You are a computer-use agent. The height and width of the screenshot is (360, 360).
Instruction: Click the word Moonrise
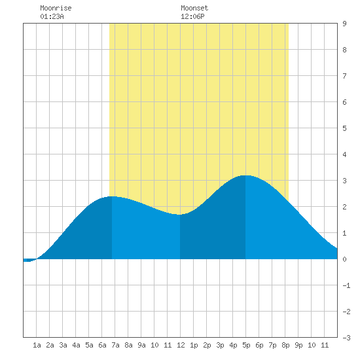pyautogui.click(x=56, y=8)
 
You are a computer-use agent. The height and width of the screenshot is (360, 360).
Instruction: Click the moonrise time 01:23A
pyautogui.click(x=52, y=16)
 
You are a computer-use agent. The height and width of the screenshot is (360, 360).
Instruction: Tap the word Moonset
pyautogui.click(x=194, y=8)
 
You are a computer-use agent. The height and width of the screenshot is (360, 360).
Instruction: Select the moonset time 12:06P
pyautogui.click(x=192, y=16)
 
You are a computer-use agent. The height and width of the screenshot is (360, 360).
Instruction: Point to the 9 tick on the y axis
pyautogui.click(x=344, y=24)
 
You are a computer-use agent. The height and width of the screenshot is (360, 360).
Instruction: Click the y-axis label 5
pyautogui.click(x=344, y=128)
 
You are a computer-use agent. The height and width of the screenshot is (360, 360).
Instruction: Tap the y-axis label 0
pyautogui.click(x=344, y=259)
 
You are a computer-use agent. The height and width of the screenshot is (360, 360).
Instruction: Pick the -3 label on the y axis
pyautogui.click(x=346, y=338)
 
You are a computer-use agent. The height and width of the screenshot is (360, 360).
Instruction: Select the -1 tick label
pyautogui.click(x=346, y=285)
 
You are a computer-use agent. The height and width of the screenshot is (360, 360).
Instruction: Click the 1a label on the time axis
pyautogui.click(x=37, y=345)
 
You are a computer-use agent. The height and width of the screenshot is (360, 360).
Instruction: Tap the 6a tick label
pyautogui.click(x=102, y=345)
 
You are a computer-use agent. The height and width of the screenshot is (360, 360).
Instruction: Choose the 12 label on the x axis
pyautogui.click(x=181, y=345)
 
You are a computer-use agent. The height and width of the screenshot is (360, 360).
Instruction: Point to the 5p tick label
pyautogui.click(x=246, y=345)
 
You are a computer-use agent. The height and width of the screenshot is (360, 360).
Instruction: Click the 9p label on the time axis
pyautogui.click(x=298, y=345)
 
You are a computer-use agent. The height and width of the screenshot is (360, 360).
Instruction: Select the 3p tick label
pyautogui.click(x=220, y=345)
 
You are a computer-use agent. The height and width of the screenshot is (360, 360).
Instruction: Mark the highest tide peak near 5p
pyautogui.click(x=245, y=175)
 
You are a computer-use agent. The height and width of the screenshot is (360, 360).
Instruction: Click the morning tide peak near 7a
pyautogui.click(x=111, y=196)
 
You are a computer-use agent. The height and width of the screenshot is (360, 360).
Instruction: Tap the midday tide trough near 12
pyautogui.click(x=180, y=215)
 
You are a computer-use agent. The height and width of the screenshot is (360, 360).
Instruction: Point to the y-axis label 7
pyautogui.click(x=344, y=76)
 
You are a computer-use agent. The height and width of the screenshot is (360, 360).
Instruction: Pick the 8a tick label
pyautogui.click(x=128, y=345)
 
